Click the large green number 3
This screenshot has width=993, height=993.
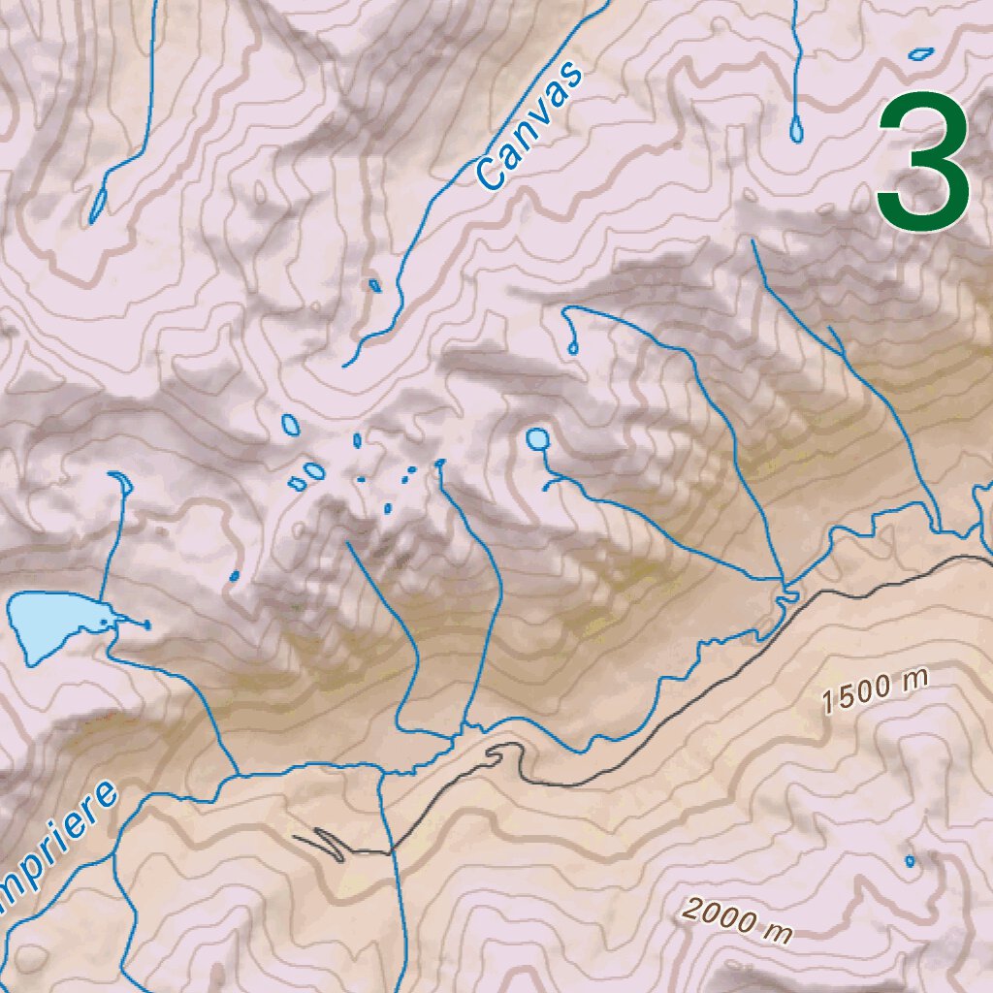pyautogui.click(x=923, y=162)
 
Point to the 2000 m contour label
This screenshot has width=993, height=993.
pyautogui.click(x=736, y=920)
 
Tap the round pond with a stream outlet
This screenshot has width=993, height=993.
pyautogui.click(x=536, y=439)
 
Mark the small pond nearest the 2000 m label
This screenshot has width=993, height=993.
pyautogui.click(x=910, y=860)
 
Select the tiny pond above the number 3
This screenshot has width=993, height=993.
pyautogui.click(x=921, y=53)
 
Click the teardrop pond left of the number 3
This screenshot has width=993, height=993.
pyautogui.click(x=796, y=128)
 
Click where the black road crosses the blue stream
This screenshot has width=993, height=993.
pyautogui.click(x=392, y=852)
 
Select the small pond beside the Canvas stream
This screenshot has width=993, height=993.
pyautogui.click(x=374, y=285)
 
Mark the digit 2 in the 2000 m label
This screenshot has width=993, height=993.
pyautogui.click(x=691, y=910)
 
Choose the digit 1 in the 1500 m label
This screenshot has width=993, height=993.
pyautogui.click(x=827, y=702)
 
